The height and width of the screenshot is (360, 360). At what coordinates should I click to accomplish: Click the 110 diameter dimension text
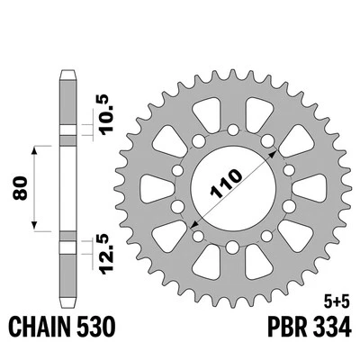227,184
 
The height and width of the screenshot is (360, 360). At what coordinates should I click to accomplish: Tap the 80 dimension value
21,189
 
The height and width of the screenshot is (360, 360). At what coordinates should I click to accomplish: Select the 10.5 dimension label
106,114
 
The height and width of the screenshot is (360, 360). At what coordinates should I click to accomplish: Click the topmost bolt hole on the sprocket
233,130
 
